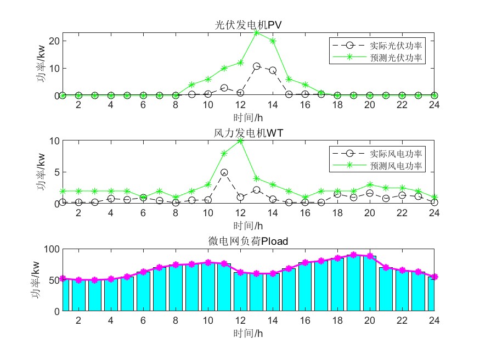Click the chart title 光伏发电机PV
tap(249, 25)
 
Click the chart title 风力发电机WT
tap(249, 133)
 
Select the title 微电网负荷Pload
tap(249, 241)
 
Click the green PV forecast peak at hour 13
tap(256, 32)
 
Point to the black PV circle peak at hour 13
tap(256, 66)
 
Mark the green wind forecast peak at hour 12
tap(240, 141)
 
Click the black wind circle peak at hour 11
tap(224, 172)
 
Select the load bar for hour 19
tap(353, 283)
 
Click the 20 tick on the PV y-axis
tap(55, 41)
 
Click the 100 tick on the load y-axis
tap(53, 249)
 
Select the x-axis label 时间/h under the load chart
tap(249, 333)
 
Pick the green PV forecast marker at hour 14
tap(273, 41)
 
